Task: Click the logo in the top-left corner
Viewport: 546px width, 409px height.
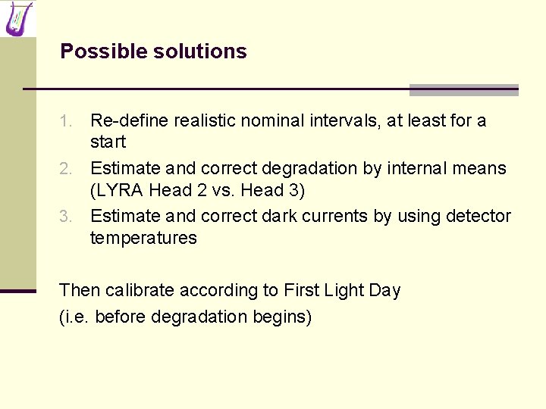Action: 18,18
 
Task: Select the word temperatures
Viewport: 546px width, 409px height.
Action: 143,238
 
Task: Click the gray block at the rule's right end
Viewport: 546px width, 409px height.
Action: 463,90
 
